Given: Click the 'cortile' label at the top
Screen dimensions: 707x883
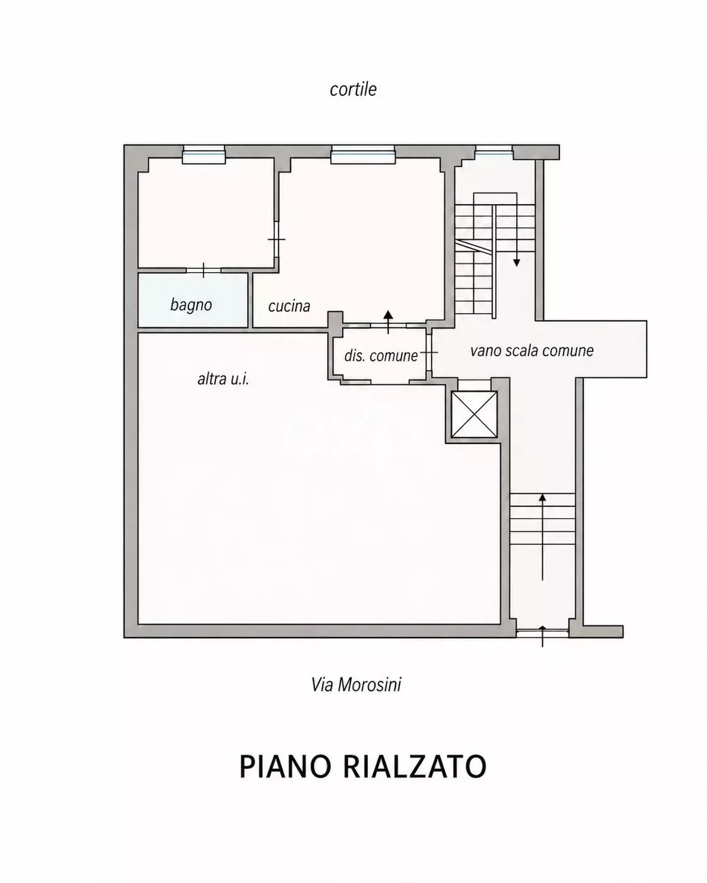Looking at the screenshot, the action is coord(353,89).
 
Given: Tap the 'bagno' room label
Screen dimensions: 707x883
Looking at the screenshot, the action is coord(191,305).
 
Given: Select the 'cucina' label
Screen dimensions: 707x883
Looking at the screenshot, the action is coord(289,306).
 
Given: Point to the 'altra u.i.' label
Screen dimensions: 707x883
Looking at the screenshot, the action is coord(223,379).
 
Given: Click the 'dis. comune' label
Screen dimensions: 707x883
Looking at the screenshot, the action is coord(381,355).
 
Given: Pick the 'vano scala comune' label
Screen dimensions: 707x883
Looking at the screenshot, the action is coord(532,350).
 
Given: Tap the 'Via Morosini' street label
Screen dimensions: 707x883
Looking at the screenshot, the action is coord(356,685).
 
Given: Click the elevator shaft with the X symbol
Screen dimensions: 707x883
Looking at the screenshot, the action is coord(474,414).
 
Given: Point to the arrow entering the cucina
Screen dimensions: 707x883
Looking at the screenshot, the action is coord(388,322).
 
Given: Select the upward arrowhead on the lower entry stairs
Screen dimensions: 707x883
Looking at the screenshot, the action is coord(542,498).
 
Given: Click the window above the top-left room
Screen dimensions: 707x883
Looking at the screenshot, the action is coord(204,155).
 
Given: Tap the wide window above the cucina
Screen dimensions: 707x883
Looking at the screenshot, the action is coord(363,155).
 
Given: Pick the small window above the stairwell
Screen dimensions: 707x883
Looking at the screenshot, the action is coord(494,152).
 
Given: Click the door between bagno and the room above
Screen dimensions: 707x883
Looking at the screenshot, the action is coord(204,270).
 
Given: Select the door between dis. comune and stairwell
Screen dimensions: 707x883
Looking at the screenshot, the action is coord(429,352).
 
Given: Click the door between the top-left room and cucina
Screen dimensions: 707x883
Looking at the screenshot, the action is coord(277,239).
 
